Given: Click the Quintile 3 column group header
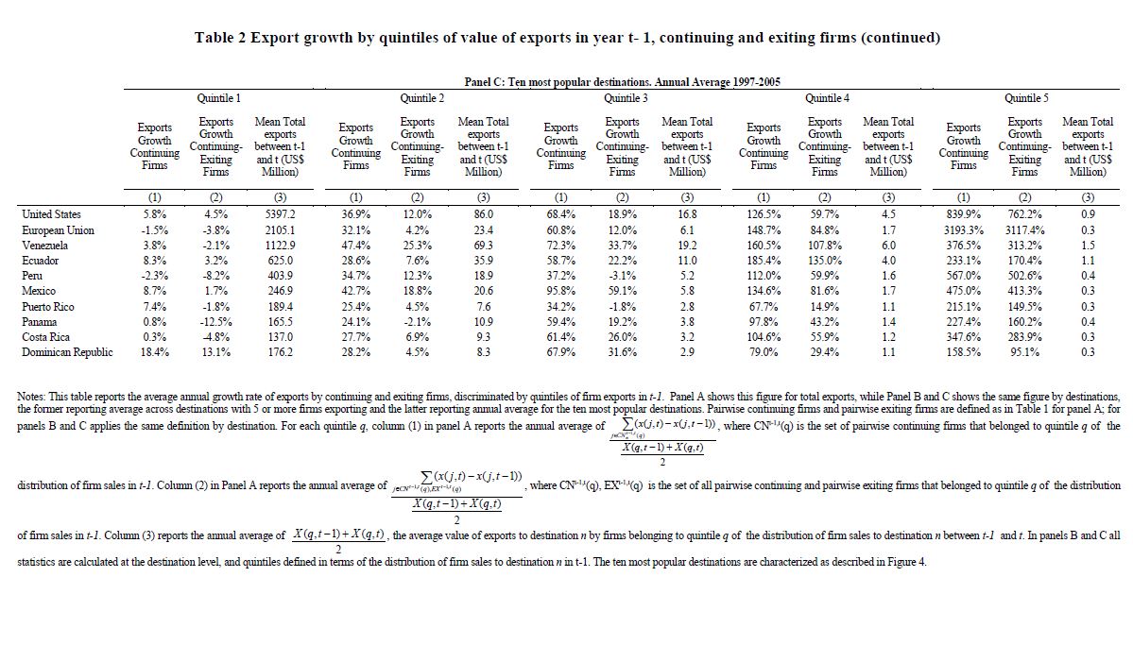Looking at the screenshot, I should [626, 98].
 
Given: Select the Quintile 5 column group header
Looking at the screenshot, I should [1026, 98].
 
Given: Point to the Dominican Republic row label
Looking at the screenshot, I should [66, 352].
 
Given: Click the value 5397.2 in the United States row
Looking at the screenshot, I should [279, 214].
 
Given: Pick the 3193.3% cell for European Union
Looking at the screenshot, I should [963, 229].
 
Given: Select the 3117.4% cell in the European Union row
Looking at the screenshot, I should [1023, 229].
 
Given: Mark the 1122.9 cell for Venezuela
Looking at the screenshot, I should [279, 245].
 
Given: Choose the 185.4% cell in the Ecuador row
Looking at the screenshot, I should [764, 261].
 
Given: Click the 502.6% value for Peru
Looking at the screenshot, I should [1023, 276].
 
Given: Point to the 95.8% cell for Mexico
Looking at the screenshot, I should [560, 291].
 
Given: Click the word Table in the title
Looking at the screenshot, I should [215, 38].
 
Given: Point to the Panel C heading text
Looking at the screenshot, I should [623, 83].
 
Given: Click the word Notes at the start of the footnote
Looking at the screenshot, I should [35, 396].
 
